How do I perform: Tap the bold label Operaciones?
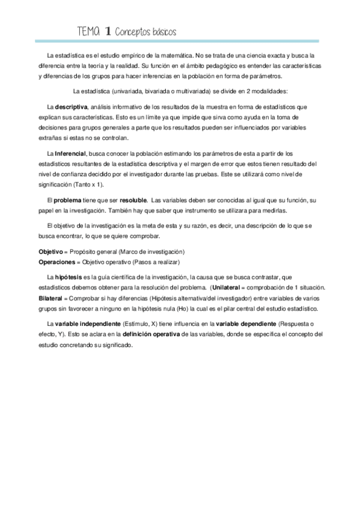click(x=56, y=262)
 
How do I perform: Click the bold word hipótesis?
click(x=72, y=277)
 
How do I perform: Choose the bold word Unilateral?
click(x=230, y=288)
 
